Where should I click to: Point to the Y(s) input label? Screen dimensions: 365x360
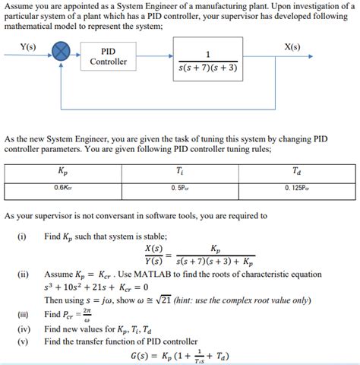[27, 46]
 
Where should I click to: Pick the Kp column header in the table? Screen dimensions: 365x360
[62, 172]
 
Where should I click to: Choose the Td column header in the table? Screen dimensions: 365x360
[296, 172]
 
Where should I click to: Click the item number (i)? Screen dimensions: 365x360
[21, 236]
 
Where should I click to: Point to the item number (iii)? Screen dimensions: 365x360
[22, 314]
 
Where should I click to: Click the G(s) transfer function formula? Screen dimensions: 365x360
[181, 356]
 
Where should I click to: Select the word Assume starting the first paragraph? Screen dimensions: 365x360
[18, 5]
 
